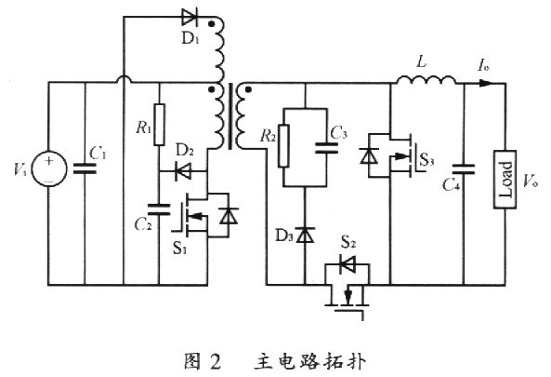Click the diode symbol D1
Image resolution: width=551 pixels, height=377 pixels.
183,19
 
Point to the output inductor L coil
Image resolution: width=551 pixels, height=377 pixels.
426,82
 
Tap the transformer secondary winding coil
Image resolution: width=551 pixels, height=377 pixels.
243,120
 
